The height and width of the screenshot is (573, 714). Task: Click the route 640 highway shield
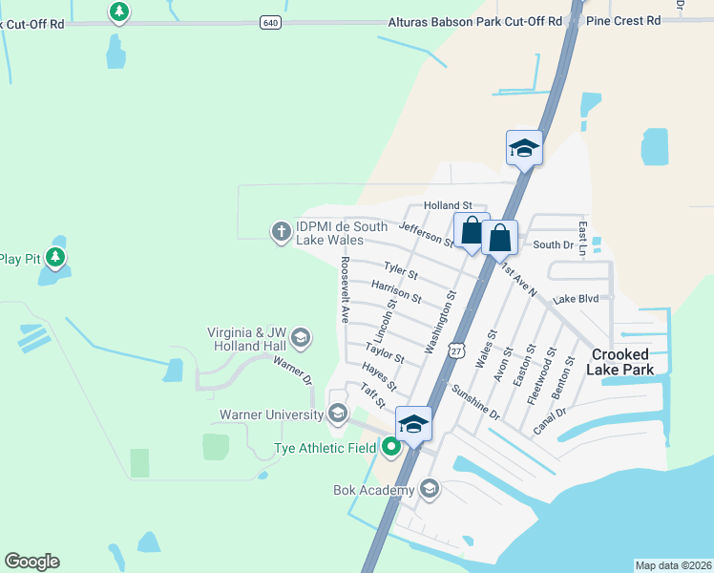coord(269,22)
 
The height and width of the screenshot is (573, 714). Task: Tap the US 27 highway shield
coord(458,350)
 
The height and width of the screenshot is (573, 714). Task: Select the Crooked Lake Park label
coord(620,362)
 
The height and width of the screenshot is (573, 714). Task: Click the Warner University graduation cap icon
coord(337,414)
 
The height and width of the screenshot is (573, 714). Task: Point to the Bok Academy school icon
coord(429,490)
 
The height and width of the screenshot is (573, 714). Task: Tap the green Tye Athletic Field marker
coord(391,446)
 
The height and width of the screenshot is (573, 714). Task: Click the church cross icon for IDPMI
coord(281,231)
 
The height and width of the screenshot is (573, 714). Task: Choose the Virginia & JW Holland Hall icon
coord(301,337)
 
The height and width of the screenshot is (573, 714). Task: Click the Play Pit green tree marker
coord(55,257)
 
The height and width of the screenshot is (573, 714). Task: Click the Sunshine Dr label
coord(475,402)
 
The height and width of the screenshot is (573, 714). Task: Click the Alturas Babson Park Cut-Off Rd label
coord(475,21)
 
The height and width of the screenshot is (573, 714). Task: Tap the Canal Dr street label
coord(549,420)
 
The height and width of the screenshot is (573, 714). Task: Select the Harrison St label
coord(396,291)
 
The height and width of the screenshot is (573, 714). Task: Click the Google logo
coord(31,562)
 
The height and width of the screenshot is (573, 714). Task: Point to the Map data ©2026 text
coord(673,565)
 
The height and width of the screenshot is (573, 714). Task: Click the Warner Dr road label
coord(293,370)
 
